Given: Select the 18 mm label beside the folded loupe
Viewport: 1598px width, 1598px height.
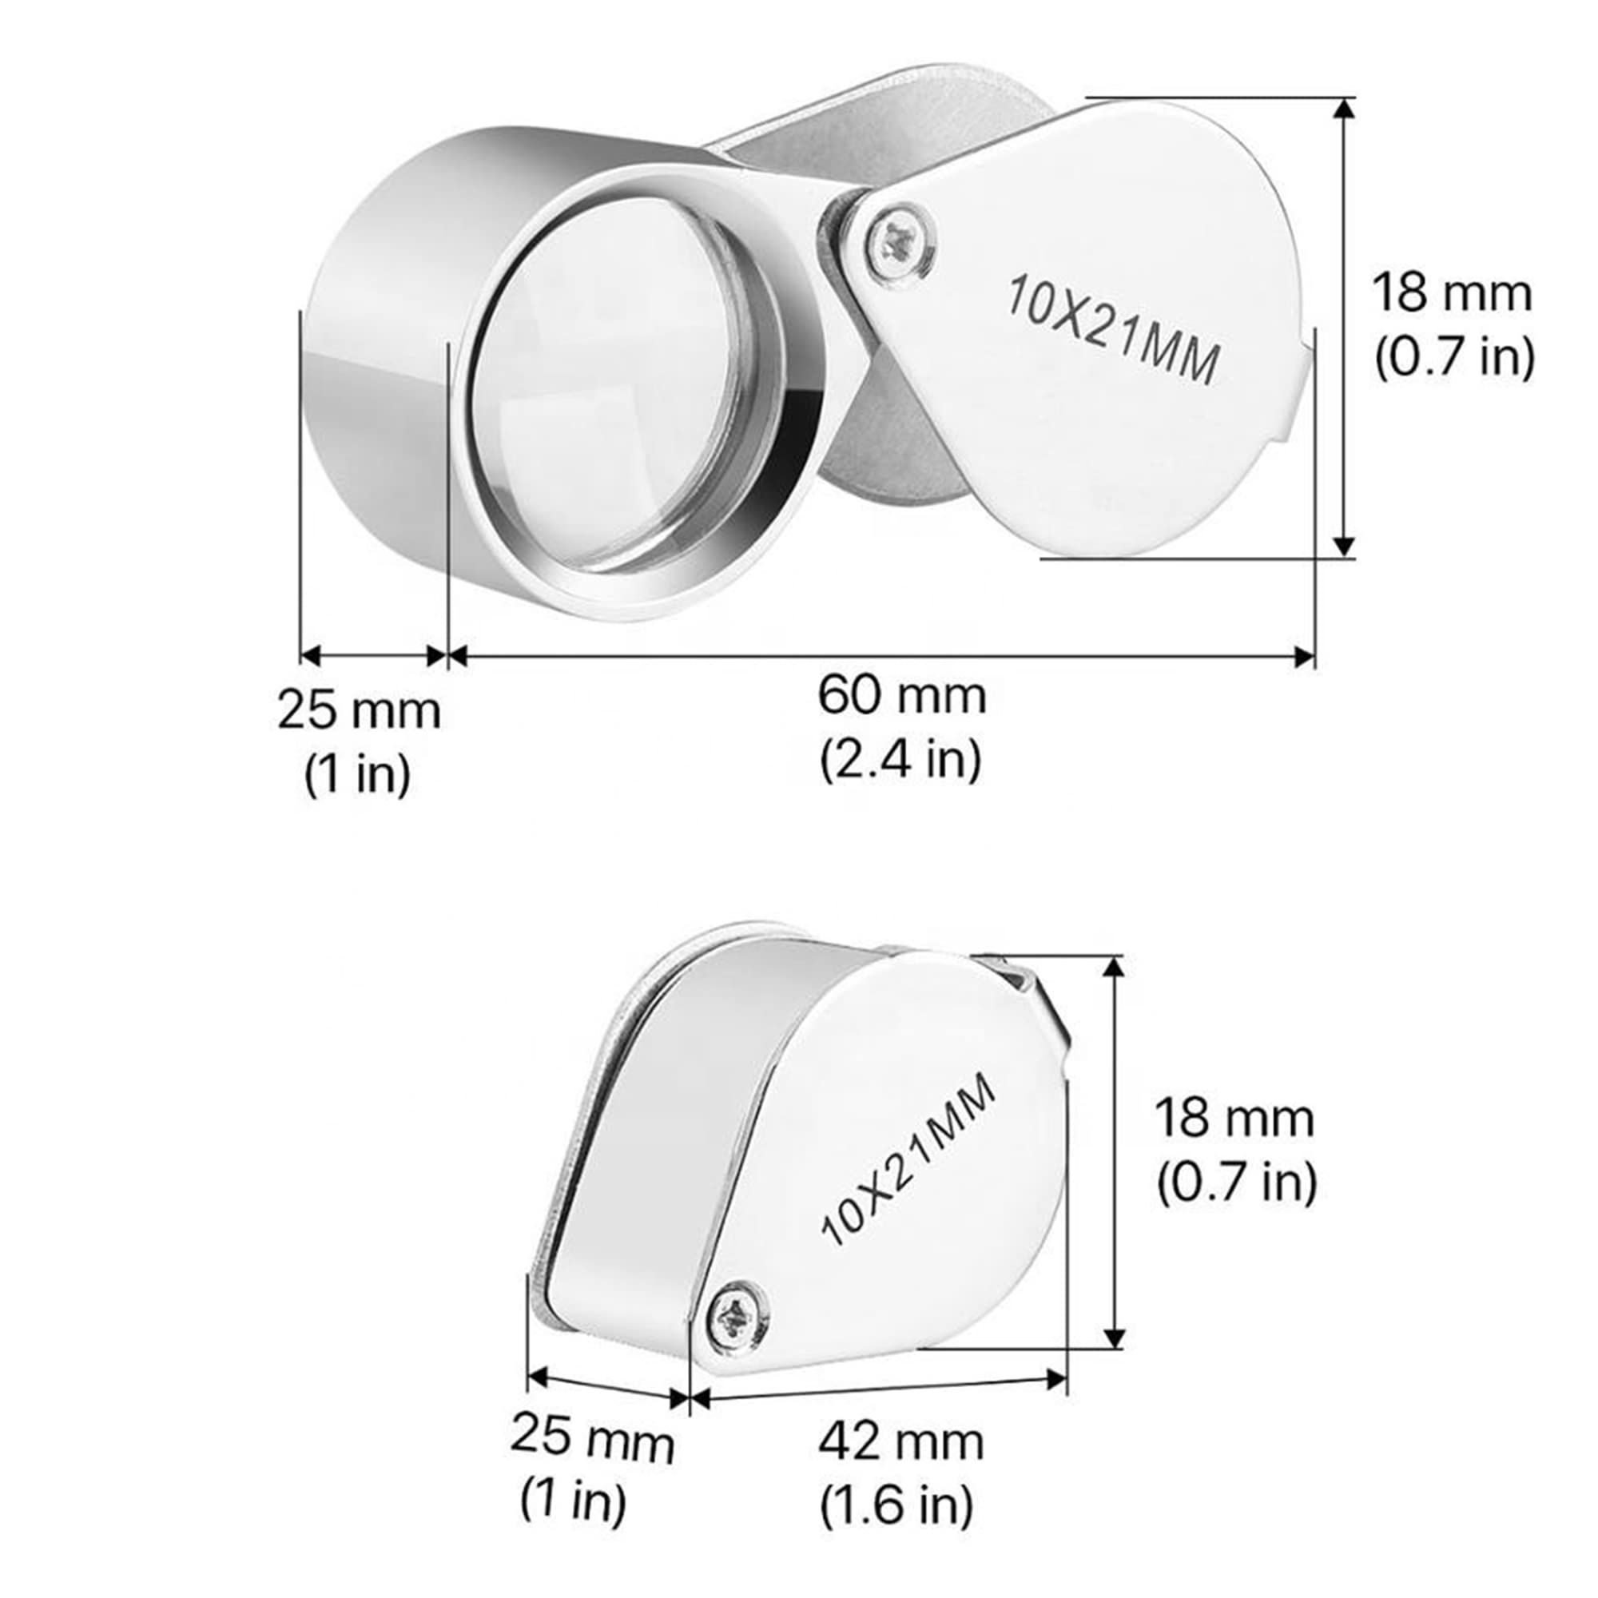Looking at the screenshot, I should [x=1234, y=1119].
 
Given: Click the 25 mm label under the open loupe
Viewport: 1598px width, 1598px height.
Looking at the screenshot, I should [x=358, y=711].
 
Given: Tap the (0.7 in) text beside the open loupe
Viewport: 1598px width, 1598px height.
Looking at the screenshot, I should [x=1454, y=356].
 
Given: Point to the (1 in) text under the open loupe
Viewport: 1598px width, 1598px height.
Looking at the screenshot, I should [x=357, y=776].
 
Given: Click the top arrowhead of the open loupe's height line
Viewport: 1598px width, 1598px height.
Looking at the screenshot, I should [x=1345, y=108].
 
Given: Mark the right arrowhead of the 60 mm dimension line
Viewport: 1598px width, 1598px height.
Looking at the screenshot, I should [x=1306, y=658].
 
